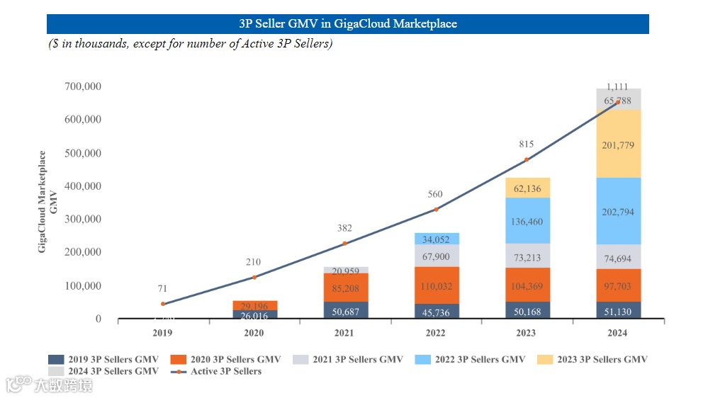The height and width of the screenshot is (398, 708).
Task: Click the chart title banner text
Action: coord(348,23)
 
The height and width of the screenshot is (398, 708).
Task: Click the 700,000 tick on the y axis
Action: coord(83,86)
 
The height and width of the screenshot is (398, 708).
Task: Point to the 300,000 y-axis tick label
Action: coord(83,220)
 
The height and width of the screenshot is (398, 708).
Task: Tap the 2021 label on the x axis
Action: coord(345,333)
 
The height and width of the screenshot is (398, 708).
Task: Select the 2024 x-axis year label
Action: coord(617,333)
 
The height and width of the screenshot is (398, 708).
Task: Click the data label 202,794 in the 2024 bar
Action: coord(617,212)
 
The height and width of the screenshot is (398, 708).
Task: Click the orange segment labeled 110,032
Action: coord(436,286)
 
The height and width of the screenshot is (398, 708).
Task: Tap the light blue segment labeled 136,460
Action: coord(527,222)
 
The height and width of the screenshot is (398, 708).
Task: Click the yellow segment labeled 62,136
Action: coord(527,188)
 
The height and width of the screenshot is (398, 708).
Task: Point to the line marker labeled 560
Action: coord(436,209)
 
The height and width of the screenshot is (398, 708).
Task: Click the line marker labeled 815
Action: coord(527,159)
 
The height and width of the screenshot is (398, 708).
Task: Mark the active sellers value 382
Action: coord(345,228)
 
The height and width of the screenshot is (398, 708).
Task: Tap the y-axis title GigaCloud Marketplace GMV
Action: coord(47,201)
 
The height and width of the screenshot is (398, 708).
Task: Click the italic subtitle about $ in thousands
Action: coord(191,44)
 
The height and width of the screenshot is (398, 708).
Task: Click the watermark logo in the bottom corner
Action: coord(50,385)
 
